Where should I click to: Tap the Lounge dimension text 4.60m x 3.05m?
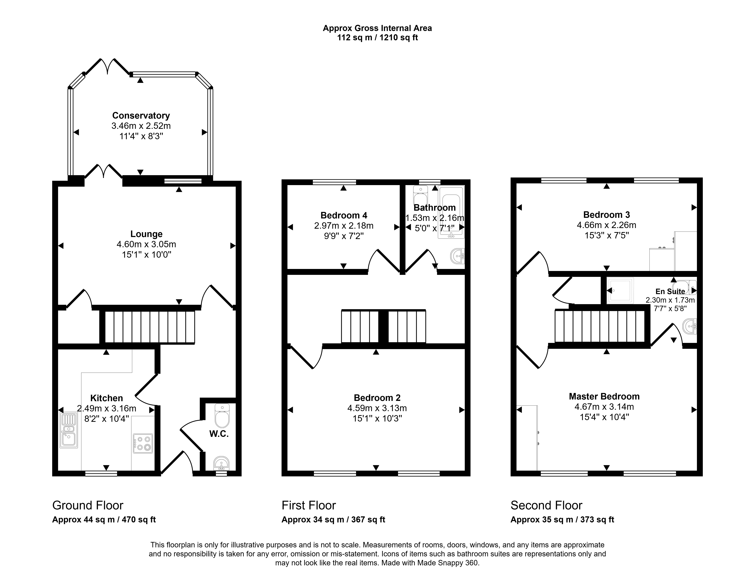click(146, 244)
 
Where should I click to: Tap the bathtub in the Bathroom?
click(451, 212)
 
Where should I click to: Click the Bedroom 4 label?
click(344, 215)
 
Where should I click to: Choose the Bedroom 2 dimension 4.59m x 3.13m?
click(377, 408)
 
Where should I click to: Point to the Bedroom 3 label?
click(607, 215)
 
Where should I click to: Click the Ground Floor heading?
click(88, 505)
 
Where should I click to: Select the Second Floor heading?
click(546, 505)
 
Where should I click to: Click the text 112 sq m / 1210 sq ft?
click(377, 38)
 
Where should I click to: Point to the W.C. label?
click(219, 434)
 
